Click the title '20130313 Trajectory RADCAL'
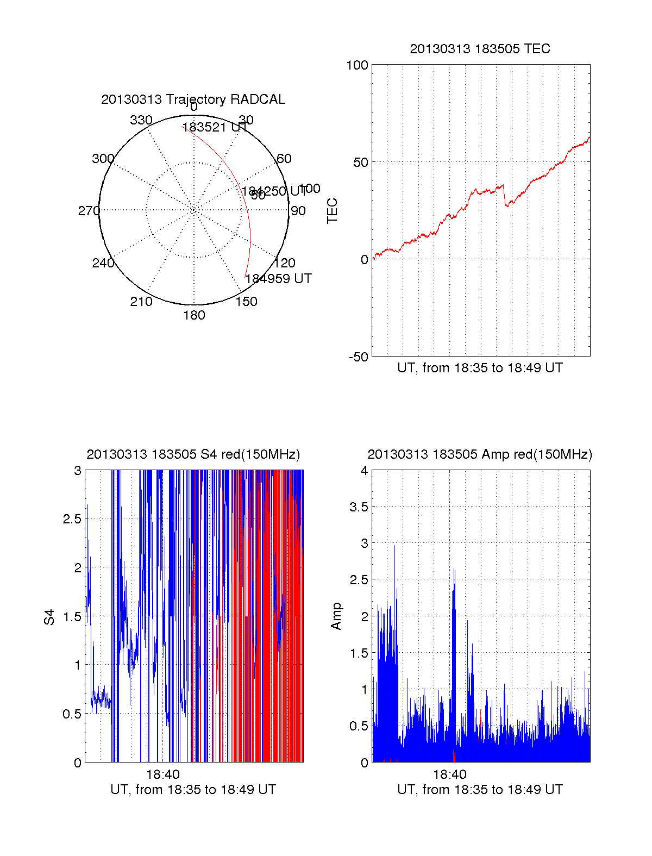coord(193,99)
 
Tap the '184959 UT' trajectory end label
coord(279,279)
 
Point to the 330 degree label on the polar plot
coord(141,120)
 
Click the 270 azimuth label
coord(89,211)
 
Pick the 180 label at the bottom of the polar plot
coord(194,315)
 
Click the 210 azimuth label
coord(141,302)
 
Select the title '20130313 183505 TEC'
coord(480,49)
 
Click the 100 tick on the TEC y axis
coord(357,65)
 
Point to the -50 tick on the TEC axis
coord(358,357)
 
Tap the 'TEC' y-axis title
coord(333,211)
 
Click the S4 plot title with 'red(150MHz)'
coord(193,454)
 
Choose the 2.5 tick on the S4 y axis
coord(72,518)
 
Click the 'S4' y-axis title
coord(49,617)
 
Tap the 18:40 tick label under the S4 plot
coord(162,774)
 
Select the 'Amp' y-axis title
coord(336,616)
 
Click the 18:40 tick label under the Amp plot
coord(450,774)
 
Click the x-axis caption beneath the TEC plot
coord(480,368)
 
